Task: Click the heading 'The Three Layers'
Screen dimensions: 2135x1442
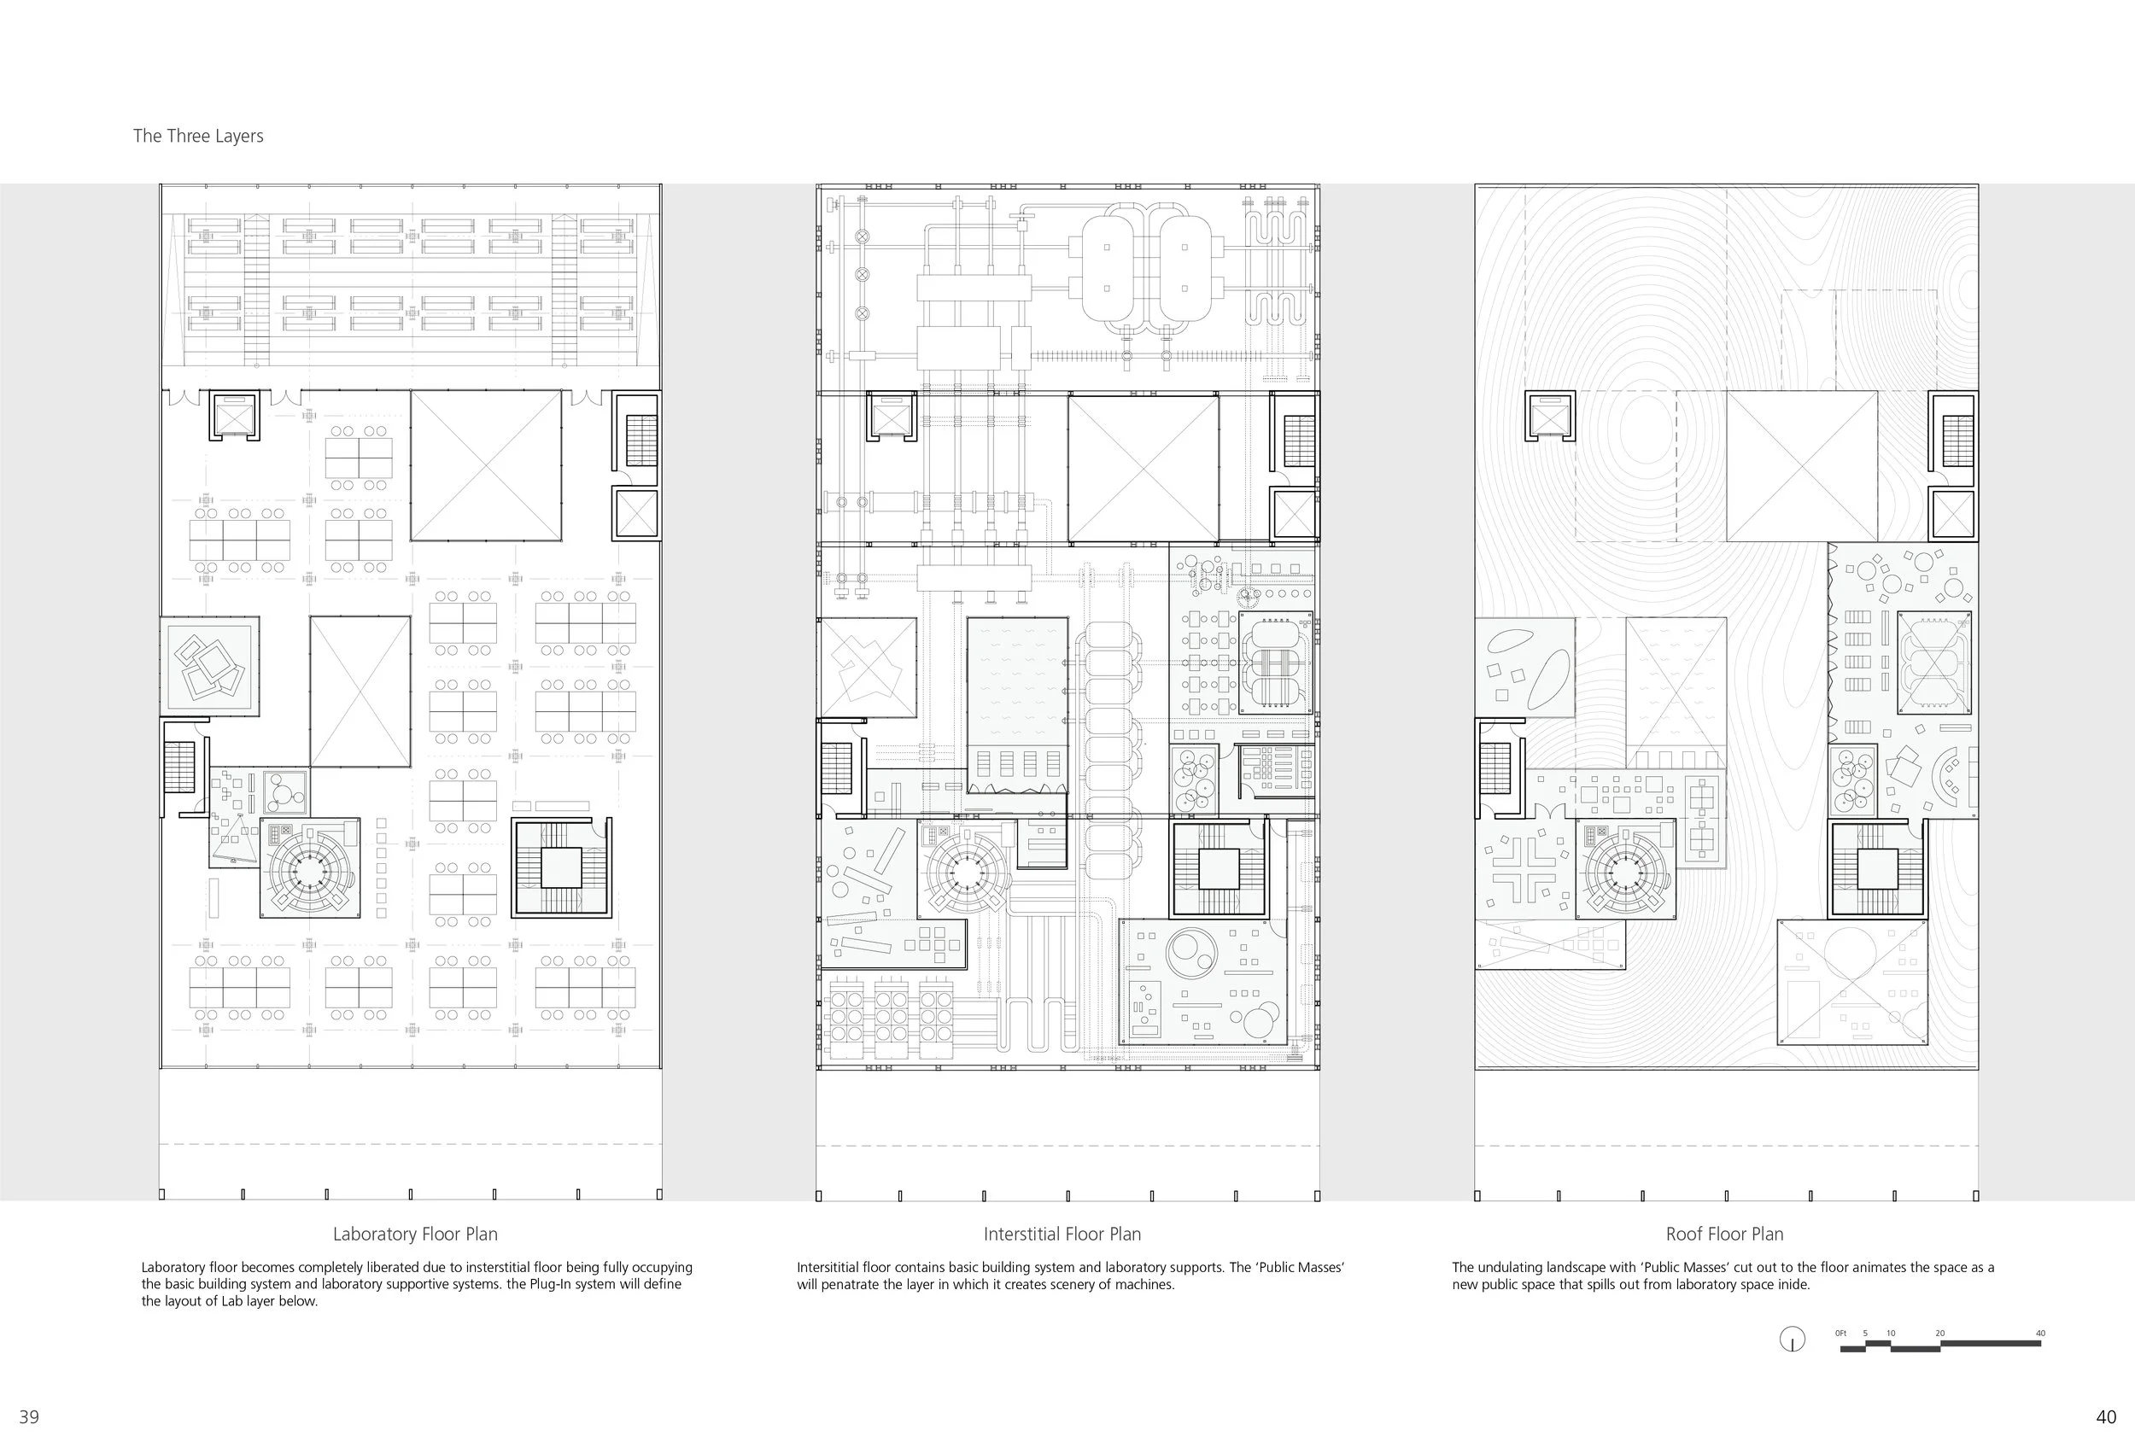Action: (198, 136)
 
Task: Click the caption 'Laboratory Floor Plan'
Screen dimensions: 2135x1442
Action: (415, 1234)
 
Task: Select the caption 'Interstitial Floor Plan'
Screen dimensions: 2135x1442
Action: (1062, 1234)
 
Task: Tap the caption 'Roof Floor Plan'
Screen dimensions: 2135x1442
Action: (1724, 1234)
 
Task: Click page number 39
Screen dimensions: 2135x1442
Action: (29, 1416)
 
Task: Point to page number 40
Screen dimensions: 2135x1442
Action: (2106, 1416)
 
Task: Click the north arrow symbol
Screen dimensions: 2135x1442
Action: (1793, 1340)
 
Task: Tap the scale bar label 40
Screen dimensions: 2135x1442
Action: (2040, 1333)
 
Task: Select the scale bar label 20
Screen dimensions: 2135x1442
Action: (1939, 1333)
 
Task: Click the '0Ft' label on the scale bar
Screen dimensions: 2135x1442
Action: (1840, 1333)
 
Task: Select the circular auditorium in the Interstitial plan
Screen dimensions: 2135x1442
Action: (967, 868)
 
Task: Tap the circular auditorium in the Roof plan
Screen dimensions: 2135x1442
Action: (1624, 868)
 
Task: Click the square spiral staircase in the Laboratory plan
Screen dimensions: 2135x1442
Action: (561, 867)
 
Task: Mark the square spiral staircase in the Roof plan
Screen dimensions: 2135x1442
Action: (1878, 868)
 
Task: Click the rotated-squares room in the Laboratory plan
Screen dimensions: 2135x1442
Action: (209, 667)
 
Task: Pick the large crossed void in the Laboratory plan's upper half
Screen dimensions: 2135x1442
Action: (486, 465)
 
